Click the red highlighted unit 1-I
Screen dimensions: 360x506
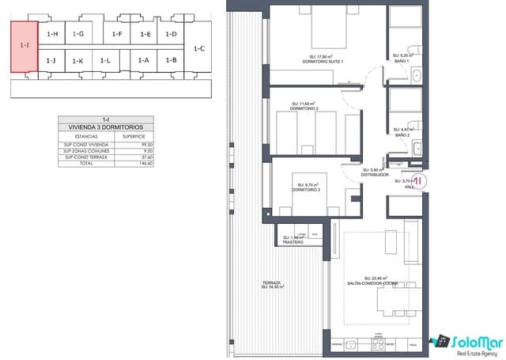pyautogui.click(x=24, y=46)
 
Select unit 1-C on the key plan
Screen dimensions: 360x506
pyautogui.click(x=198, y=48)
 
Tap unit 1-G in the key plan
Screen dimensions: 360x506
pyautogui.click(x=77, y=34)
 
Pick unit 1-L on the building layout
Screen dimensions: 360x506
pyautogui.click(x=106, y=60)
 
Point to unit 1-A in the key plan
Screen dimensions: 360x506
pyautogui.click(x=143, y=60)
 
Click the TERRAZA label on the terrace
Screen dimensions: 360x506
pyautogui.click(x=272, y=285)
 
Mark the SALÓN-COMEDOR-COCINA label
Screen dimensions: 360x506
pyautogui.click(x=371, y=282)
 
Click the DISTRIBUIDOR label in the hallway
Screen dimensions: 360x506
pyautogui.click(x=375, y=174)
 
